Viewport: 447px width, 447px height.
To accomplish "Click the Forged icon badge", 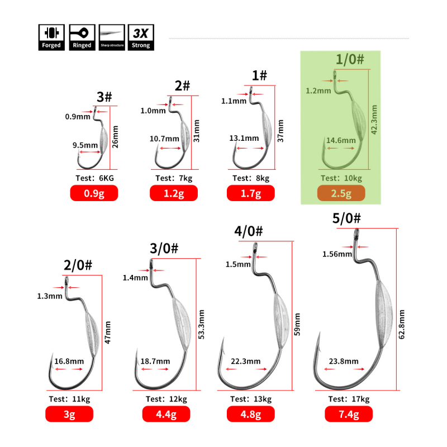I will (x=50, y=37).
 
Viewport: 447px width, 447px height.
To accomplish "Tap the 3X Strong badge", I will (x=141, y=37).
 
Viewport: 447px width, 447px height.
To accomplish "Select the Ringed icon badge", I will (x=82, y=37).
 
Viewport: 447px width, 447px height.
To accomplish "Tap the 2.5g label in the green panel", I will (x=341, y=194).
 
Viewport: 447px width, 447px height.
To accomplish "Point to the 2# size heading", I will (x=182, y=85).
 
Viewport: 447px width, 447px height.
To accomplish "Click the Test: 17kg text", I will (x=349, y=399).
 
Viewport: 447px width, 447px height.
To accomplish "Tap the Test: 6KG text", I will (x=94, y=179).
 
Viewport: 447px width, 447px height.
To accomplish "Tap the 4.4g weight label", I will (x=166, y=414).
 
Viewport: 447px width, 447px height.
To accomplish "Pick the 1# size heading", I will (x=259, y=75).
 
